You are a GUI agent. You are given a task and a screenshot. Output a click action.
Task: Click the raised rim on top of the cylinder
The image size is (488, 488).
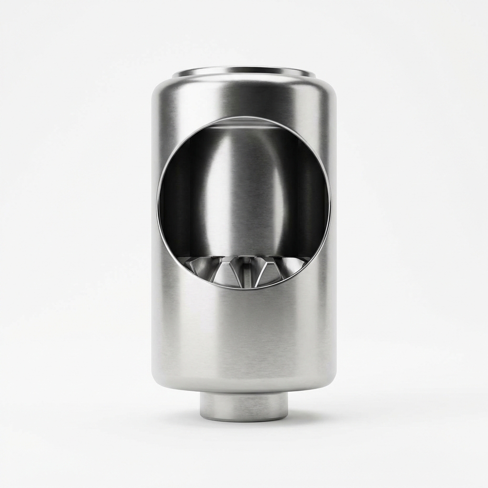pos(244,72)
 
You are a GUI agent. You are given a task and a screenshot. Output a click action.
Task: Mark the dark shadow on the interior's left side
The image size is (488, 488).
pos(179,200)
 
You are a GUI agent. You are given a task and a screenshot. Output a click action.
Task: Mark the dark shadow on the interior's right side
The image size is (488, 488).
pos(310,200)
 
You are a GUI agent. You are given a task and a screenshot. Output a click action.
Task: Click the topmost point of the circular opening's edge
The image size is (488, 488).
pos(244,117)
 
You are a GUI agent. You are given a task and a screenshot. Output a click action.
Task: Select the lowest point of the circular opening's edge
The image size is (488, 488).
pos(244,289)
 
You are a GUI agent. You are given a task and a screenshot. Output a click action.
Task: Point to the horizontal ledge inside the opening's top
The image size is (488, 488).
pos(244,125)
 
